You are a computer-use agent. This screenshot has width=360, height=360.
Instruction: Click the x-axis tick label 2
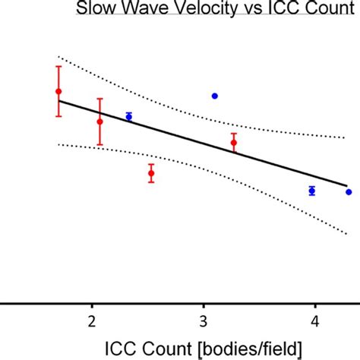(x=92, y=318)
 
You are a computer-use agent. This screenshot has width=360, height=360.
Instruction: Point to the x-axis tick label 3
(x=203, y=318)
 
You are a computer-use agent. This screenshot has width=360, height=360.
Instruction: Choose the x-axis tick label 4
(x=314, y=318)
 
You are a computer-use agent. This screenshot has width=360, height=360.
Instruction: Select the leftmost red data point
(x=58, y=92)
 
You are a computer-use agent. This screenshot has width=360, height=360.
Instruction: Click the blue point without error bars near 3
(x=215, y=96)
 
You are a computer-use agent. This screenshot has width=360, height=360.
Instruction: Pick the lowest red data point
(x=151, y=174)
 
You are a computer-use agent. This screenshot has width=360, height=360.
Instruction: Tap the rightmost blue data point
(x=349, y=192)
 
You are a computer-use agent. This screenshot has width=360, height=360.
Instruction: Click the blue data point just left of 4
(x=312, y=191)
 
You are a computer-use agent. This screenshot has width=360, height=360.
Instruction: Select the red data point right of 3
(x=234, y=142)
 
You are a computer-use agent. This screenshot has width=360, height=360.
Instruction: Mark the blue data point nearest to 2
(x=129, y=116)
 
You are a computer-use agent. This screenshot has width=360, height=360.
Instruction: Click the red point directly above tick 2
(x=99, y=122)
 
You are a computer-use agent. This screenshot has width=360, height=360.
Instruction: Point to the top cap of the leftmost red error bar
(x=58, y=67)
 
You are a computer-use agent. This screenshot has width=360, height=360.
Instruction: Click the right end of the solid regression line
(x=346, y=185)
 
